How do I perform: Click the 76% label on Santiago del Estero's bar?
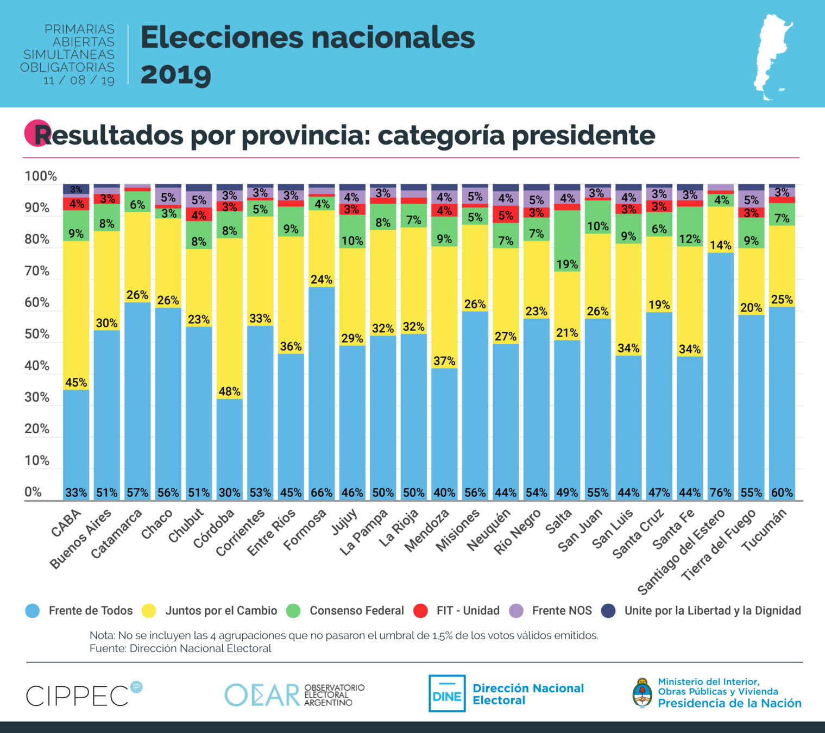[x=721, y=492]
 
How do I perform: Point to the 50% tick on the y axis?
[x=37, y=334]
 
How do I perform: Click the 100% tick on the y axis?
[x=40, y=176]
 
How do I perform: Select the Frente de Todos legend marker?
[x=33, y=611]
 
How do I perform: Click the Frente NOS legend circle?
[x=516, y=611]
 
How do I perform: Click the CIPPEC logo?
[x=84, y=695]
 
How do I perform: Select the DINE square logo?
[x=447, y=693]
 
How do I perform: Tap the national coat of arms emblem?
[x=643, y=693]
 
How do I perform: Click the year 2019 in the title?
[x=176, y=74]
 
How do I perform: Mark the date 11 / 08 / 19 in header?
[x=79, y=80]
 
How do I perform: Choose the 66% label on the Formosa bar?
[x=322, y=492]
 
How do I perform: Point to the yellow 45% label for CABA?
[x=76, y=382]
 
